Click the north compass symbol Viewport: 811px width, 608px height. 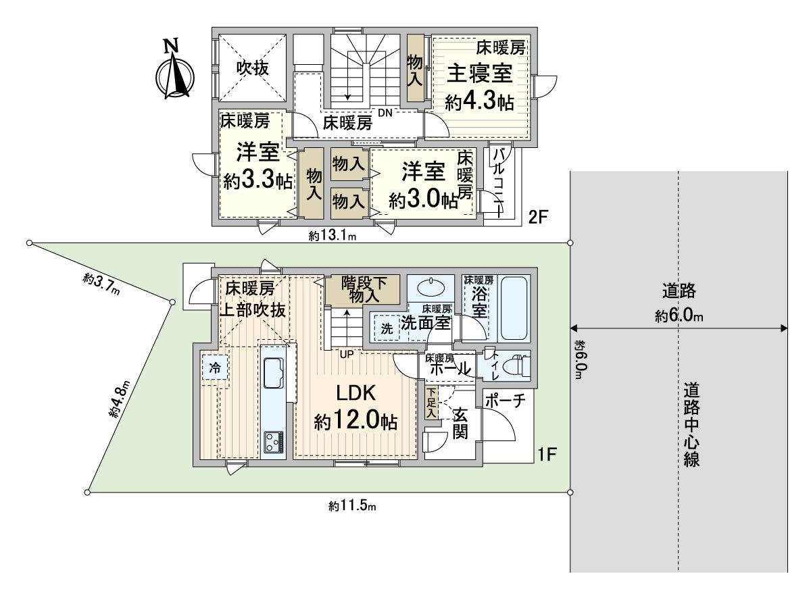175,72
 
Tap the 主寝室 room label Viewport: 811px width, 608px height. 478,74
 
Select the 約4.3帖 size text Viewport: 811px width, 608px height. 478,102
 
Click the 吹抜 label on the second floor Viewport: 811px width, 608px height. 252,68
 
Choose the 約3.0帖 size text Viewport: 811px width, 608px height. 423,199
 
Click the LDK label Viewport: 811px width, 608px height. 355,393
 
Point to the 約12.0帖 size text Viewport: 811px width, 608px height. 355,422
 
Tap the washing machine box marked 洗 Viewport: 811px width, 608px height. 387,329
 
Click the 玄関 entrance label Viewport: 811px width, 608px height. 460,422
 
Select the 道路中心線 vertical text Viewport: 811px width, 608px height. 690,425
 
